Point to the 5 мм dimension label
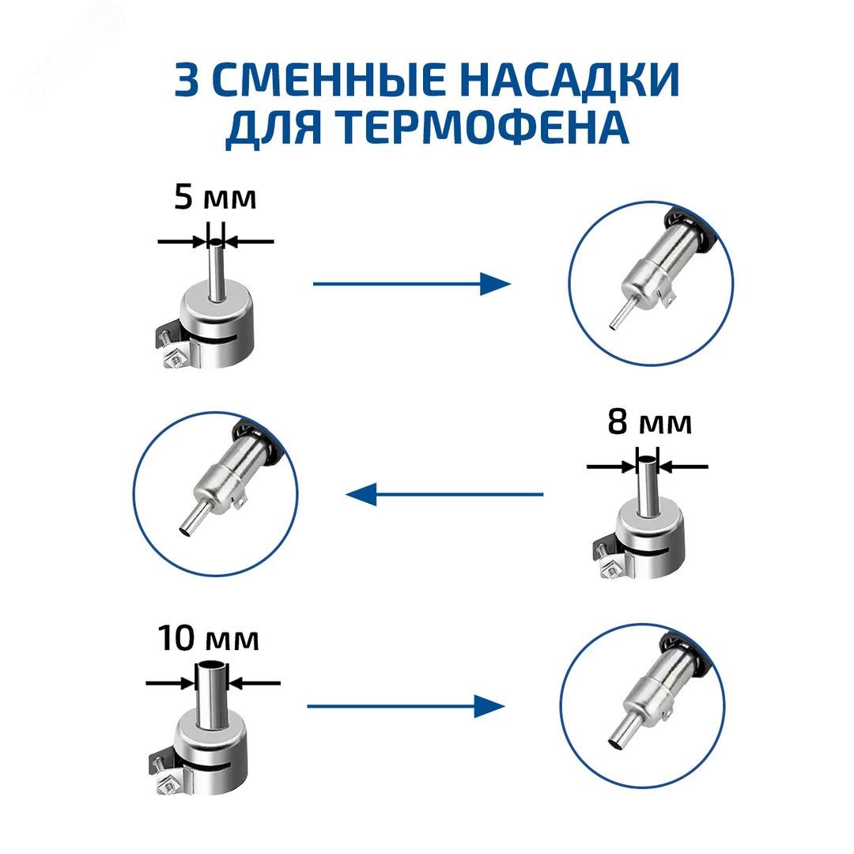click(215, 198)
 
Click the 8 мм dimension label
click(649, 423)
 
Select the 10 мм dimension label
click(208, 639)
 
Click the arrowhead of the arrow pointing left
click(360, 495)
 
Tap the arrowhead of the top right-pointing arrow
click(495, 283)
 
